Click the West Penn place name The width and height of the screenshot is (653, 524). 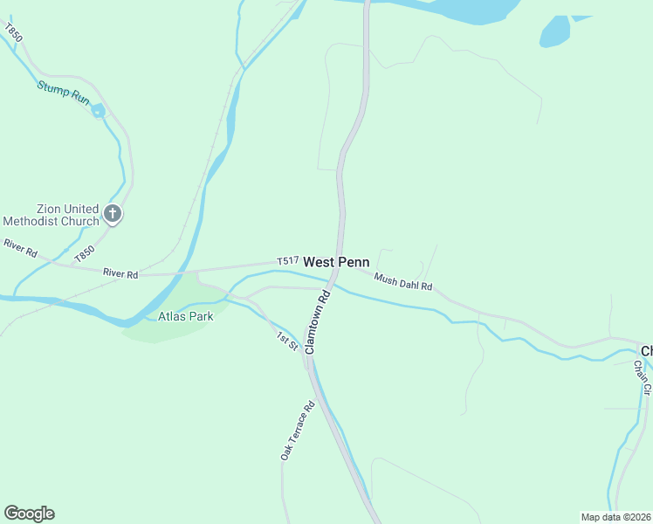(x=336, y=262)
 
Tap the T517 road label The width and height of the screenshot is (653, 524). (x=288, y=260)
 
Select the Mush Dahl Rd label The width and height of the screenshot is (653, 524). (x=403, y=281)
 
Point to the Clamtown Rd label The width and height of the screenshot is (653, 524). (x=317, y=321)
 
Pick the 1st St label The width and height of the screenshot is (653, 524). (x=288, y=341)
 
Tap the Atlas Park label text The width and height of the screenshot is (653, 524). (x=186, y=316)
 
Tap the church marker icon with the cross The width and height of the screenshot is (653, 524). (x=112, y=212)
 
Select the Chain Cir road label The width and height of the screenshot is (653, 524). (x=643, y=376)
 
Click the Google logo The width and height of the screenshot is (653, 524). (x=29, y=514)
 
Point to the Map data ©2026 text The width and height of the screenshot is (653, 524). (x=615, y=517)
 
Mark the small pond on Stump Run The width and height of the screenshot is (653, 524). (x=98, y=110)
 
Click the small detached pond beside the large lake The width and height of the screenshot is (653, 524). (x=553, y=32)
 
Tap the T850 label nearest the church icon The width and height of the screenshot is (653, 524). (x=84, y=253)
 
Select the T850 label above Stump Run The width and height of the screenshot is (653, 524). (x=12, y=35)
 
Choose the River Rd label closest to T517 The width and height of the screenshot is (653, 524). (x=120, y=273)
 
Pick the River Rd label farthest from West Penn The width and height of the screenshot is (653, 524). (x=19, y=248)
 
